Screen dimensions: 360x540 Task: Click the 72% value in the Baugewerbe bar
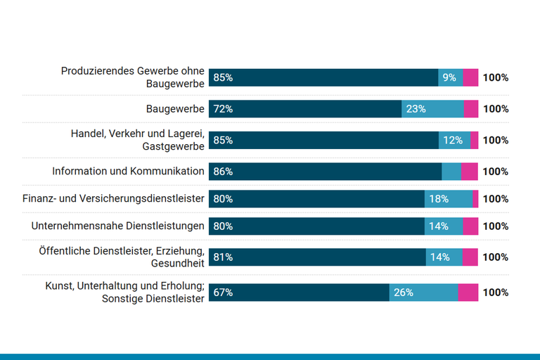[223, 109]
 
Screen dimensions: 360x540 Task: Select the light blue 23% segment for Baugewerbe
[432, 109]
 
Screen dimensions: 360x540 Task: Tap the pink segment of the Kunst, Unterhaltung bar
[468, 292]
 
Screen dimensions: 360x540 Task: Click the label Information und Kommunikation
[128, 171]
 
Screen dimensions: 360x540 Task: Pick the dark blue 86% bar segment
[325, 171]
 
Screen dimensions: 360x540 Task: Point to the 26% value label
[403, 292]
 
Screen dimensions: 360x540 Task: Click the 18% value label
[439, 199]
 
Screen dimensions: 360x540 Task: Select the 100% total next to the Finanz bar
[495, 199]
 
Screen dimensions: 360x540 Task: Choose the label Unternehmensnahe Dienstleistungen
[118, 226]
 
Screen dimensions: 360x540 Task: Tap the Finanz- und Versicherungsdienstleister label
[113, 199]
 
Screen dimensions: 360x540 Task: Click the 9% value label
[449, 77]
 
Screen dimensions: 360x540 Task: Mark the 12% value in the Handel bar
[453, 140]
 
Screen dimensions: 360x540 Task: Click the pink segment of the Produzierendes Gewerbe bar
[470, 77]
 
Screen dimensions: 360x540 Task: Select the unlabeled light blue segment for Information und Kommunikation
[451, 171]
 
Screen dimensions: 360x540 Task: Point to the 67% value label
[223, 292]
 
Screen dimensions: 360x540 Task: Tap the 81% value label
[223, 257]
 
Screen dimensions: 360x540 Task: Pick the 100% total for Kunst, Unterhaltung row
[495, 292]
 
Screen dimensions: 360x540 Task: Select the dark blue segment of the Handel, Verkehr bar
[323, 140]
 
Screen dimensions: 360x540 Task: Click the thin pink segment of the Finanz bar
[475, 199]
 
